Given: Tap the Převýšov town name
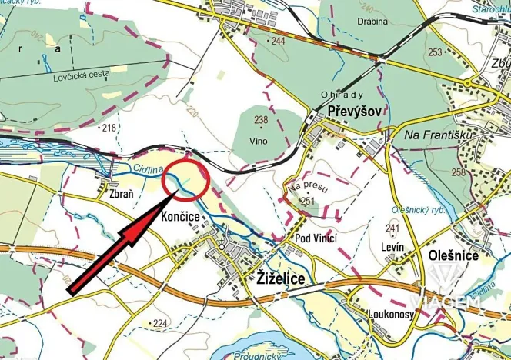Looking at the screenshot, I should point(354,112).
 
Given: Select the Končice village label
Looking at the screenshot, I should point(181,218).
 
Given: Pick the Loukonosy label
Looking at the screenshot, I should point(392,315).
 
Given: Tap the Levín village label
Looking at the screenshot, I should point(392,245).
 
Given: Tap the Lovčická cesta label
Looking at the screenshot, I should point(82,74).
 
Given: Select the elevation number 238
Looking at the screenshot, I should point(261,119).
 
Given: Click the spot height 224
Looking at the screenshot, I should point(159,323).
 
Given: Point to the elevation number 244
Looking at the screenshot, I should point(278,40).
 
